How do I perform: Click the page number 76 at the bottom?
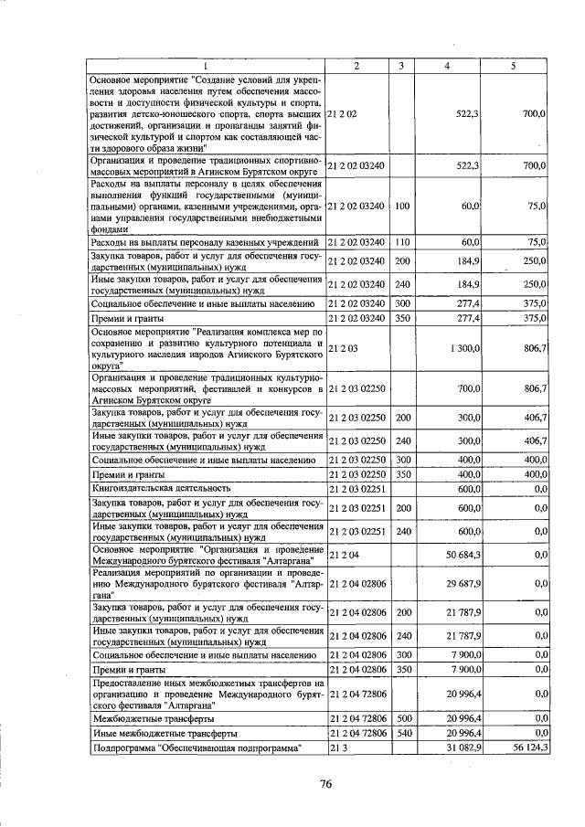click(324, 782)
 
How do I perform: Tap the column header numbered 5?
click(514, 66)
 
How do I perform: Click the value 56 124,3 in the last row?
click(527, 748)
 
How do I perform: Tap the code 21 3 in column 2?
click(337, 748)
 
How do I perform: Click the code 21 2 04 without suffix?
click(342, 554)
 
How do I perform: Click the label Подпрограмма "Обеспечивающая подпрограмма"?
click(197, 748)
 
